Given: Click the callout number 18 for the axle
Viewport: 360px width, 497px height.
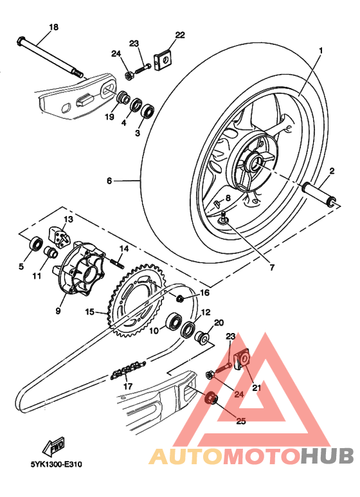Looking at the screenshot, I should (x=53, y=27).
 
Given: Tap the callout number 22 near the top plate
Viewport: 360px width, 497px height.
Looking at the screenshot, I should (x=179, y=34).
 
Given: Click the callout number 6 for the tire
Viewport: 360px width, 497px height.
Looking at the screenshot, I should (x=109, y=182).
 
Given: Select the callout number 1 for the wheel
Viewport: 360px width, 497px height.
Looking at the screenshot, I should (x=321, y=50).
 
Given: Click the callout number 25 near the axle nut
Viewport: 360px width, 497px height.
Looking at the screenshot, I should (x=241, y=422).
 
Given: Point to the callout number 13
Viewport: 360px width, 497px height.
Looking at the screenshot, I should (x=68, y=219).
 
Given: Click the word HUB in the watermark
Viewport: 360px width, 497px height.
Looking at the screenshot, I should (x=328, y=456).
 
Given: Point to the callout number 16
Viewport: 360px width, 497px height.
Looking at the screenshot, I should (x=204, y=293).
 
